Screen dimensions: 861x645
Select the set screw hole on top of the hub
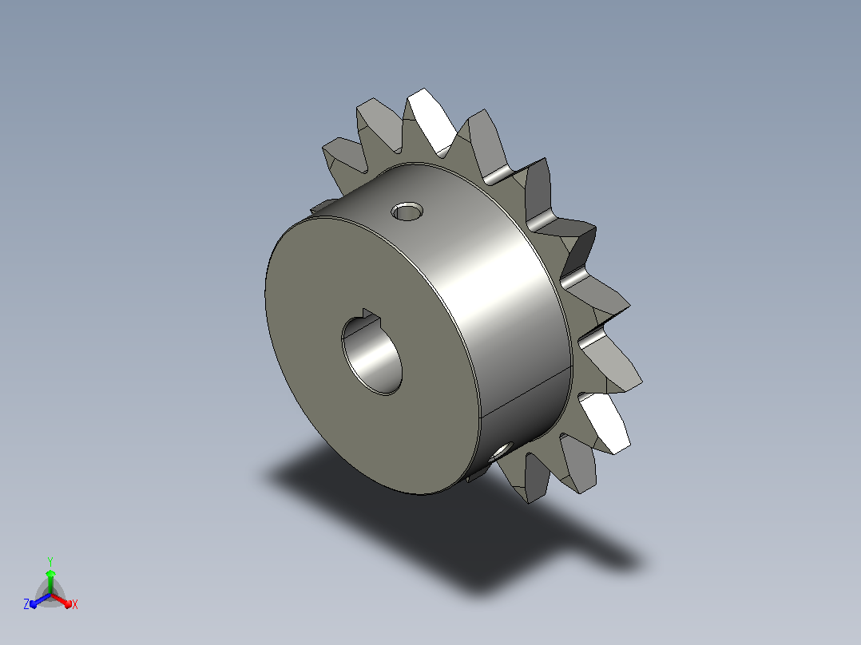click(x=407, y=212)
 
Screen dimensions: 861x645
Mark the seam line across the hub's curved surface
click(x=525, y=394)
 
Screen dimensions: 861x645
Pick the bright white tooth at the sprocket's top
click(x=431, y=122)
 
